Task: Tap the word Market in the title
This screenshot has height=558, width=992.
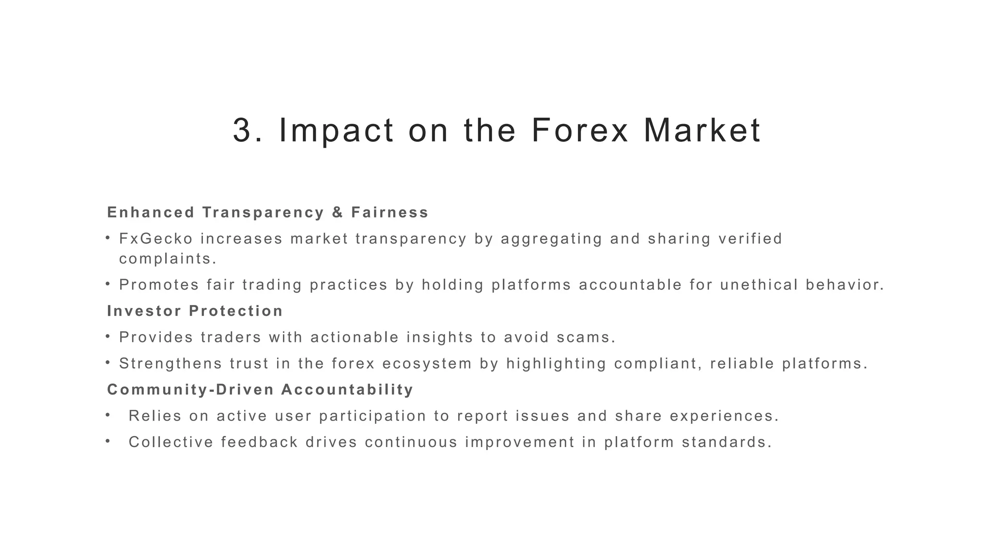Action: tap(702, 131)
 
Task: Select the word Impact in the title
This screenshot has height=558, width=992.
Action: tap(337, 131)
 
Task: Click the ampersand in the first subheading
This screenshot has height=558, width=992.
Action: tap(338, 213)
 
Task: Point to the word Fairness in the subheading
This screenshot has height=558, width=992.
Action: tap(390, 213)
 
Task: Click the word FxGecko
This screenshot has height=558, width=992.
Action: tap(156, 239)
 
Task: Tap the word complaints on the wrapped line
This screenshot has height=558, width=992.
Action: tap(167, 259)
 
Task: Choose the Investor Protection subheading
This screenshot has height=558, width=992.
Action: tap(195, 311)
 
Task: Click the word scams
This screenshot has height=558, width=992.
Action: tap(586, 337)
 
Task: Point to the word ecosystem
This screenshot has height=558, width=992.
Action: tap(427, 363)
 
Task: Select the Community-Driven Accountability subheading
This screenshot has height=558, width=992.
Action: tap(260, 389)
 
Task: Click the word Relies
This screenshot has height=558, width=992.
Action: tap(155, 416)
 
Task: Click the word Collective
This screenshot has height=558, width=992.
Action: tap(171, 442)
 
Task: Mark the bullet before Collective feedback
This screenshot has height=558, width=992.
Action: tap(108, 441)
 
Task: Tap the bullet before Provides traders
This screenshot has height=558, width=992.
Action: tap(108, 336)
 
